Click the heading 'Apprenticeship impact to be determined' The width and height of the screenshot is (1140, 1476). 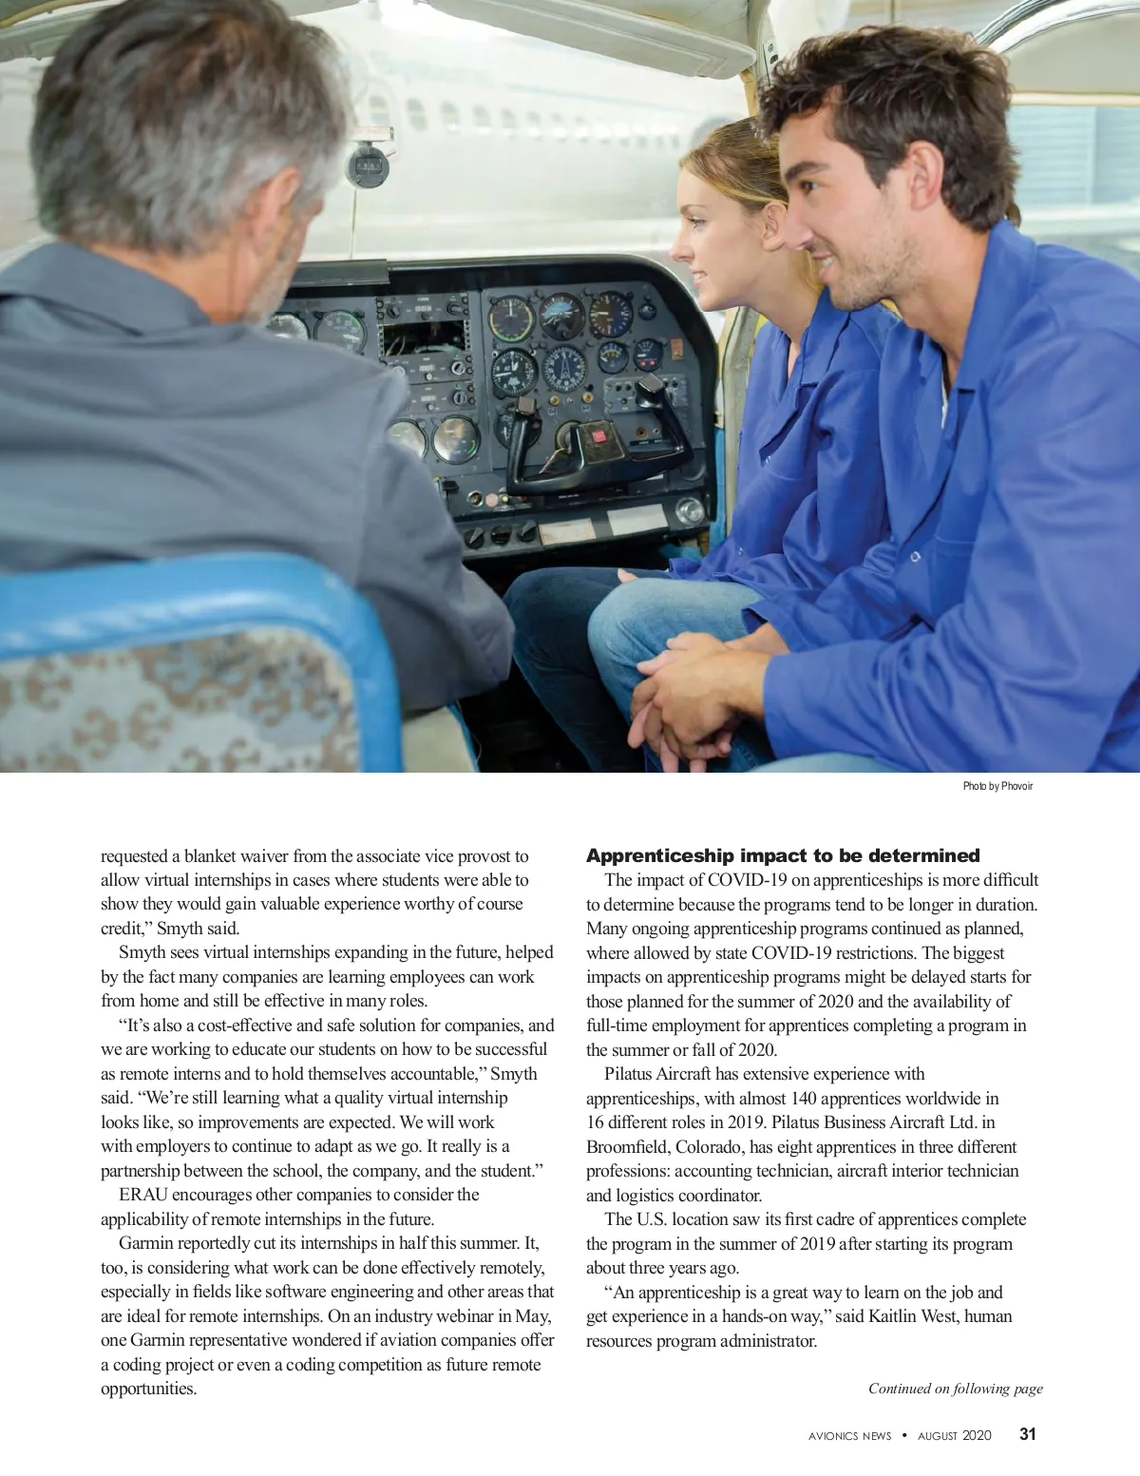[x=783, y=855]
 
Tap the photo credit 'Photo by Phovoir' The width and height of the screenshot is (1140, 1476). [x=997, y=786]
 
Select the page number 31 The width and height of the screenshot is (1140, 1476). [x=1028, y=1434]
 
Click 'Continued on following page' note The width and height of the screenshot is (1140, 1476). [x=955, y=1389]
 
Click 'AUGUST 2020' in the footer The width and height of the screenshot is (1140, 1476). [x=954, y=1435]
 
